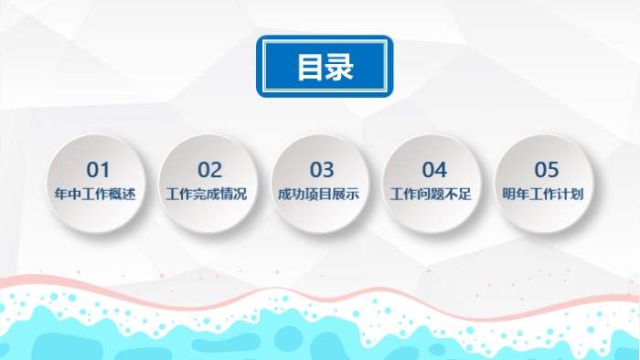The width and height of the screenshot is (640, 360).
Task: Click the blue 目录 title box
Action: tap(325, 67)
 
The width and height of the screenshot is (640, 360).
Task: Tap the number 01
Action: tap(98, 170)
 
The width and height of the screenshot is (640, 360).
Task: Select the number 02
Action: tap(210, 170)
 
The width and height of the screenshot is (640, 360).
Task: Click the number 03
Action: tap(322, 170)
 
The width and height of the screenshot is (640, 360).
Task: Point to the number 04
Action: tap(433, 170)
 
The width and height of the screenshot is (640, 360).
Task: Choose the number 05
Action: tap(546, 170)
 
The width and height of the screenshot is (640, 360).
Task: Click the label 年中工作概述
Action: tap(97, 195)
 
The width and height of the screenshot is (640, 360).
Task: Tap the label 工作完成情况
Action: tap(209, 195)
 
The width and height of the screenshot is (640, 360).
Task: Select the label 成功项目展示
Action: tap(322, 195)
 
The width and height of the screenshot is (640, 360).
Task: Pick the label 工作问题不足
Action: tap(433, 195)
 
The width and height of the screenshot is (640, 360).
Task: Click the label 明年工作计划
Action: tap(546, 195)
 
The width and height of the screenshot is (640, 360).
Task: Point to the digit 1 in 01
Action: tap(104, 170)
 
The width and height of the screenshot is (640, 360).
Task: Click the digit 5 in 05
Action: tap(552, 170)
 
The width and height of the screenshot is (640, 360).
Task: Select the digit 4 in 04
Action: tap(441, 170)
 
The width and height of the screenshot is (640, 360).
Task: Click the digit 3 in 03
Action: tap(329, 170)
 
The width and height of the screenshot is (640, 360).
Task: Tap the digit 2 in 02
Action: tap(217, 170)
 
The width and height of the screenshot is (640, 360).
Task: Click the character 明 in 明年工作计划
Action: tap(510, 195)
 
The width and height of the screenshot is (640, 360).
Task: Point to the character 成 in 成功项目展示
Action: tap(285, 195)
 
